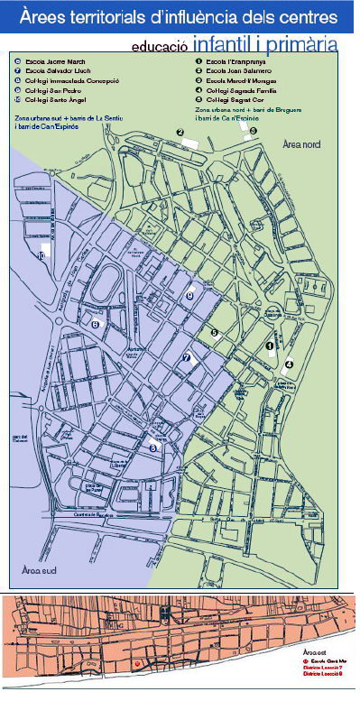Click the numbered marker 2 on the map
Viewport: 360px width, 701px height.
pyautogui.click(x=180, y=133)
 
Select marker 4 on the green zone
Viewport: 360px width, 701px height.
pyautogui.click(x=289, y=364)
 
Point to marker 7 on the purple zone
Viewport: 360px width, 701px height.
pyautogui.click(x=187, y=358)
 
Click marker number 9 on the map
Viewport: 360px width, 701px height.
pyautogui.click(x=189, y=295)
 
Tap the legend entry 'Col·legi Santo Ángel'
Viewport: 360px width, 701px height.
pyautogui.click(x=51, y=99)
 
